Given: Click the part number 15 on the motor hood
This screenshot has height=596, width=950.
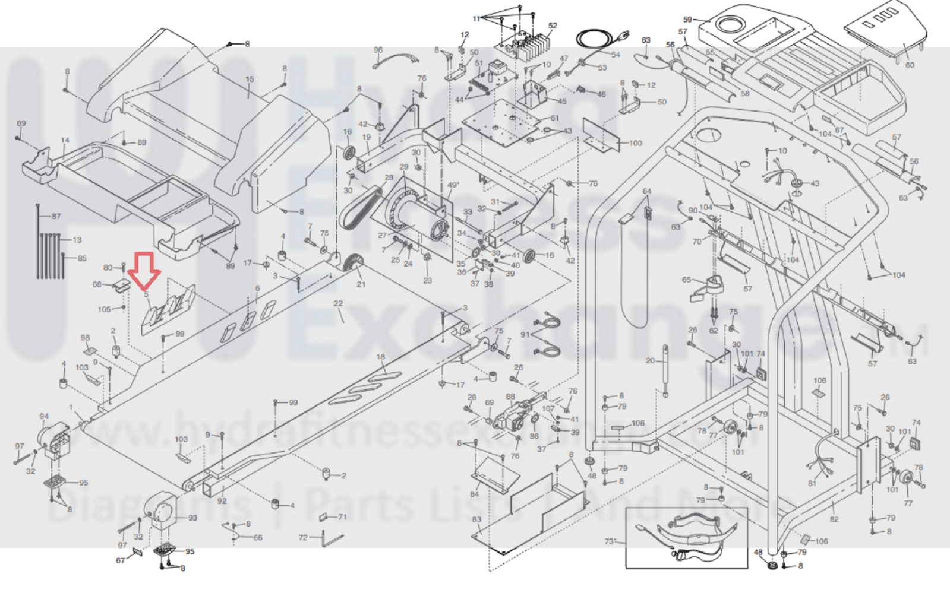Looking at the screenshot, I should tap(250, 79).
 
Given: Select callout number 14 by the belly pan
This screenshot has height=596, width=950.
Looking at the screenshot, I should tap(65, 141).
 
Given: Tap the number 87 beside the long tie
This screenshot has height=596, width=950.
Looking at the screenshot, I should tap(56, 216).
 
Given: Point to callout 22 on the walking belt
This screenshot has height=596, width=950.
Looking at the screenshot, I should tap(338, 303).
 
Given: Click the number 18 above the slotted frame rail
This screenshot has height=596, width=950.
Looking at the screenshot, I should tap(380, 357).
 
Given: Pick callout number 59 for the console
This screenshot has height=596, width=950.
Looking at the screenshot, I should tap(687, 20).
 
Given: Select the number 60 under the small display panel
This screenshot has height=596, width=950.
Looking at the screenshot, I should tap(910, 65).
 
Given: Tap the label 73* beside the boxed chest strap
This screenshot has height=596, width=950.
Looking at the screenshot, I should tap(610, 541).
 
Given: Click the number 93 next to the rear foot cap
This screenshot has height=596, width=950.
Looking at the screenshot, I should tap(192, 518).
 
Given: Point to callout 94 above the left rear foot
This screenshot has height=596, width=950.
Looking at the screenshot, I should tap(44, 416).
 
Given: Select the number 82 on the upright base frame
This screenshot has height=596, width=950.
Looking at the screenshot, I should tap(834, 519).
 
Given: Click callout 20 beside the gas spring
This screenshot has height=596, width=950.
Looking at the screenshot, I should tap(650, 360).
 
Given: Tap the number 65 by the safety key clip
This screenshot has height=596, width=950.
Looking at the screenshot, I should tap(686, 280).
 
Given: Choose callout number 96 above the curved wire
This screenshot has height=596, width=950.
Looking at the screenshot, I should tap(378, 50).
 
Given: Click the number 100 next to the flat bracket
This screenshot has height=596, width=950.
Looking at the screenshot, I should tap(635, 143).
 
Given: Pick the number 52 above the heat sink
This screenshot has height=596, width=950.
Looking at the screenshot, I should tap(553, 26).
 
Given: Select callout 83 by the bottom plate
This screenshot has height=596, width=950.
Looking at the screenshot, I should tap(476, 519).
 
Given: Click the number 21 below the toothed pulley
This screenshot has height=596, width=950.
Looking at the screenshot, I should tap(361, 284).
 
